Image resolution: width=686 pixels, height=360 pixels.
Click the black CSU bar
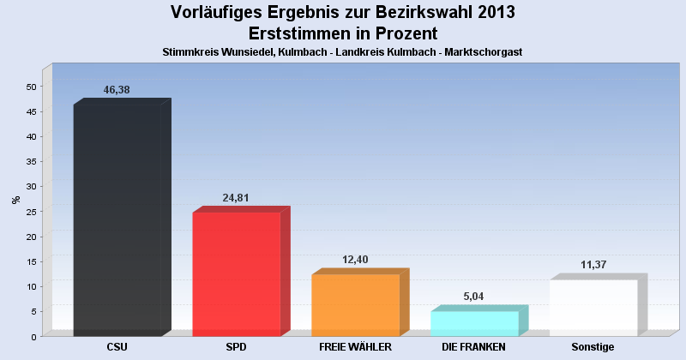pyautogui.click(x=117, y=220)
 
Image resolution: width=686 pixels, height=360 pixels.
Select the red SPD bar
pyautogui.click(x=237, y=274)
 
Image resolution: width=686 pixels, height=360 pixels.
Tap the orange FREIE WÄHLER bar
pyautogui.click(x=355, y=305)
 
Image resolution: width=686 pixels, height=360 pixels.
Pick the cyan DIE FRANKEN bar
pyautogui.click(x=474, y=323)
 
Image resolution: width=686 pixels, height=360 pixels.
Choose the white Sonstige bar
pyautogui.click(x=593, y=308)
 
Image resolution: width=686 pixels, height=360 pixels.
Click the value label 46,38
pyautogui.click(x=117, y=90)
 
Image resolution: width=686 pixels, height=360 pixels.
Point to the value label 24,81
pyautogui.click(x=236, y=198)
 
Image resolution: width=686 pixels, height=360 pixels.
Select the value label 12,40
pyautogui.click(x=354, y=260)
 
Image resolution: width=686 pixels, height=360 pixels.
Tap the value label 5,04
pyautogui.click(x=473, y=297)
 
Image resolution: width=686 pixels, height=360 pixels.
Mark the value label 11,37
pyautogui.click(x=593, y=265)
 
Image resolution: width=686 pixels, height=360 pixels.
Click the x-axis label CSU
pyautogui.click(x=117, y=347)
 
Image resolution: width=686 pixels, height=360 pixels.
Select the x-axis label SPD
pyautogui.click(x=236, y=347)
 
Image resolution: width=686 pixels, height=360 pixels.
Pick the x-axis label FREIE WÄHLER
pyautogui.click(x=355, y=347)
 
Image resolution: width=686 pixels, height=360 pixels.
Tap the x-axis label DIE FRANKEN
pyautogui.click(x=473, y=347)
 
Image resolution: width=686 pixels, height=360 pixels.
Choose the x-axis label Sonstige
pyautogui.click(x=593, y=347)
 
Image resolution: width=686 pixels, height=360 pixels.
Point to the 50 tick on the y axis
pyautogui.click(x=31, y=87)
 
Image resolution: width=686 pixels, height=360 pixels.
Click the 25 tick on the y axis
pyautogui.click(x=31, y=212)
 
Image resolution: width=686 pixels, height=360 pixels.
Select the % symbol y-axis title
pyautogui.click(x=15, y=200)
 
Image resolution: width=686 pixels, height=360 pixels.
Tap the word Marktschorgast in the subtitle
pyautogui.click(x=484, y=52)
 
